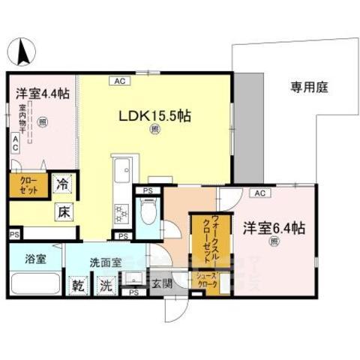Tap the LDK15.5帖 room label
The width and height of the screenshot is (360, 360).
click(x=155, y=115)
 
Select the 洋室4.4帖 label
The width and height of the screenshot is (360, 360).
click(x=43, y=95)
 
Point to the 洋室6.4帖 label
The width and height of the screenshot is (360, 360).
click(x=273, y=225)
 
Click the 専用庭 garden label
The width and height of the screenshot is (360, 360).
click(x=310, y=88)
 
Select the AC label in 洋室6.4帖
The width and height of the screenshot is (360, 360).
click(x=259, y=193)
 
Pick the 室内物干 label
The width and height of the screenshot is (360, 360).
click(x=23, y=122)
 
